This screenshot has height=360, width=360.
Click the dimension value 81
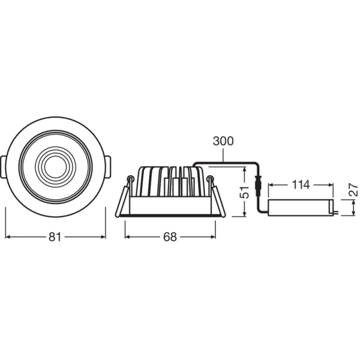(x=55, y=237)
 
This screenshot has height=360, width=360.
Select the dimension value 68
(x=170, y=237)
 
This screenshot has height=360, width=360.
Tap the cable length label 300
(x=223, y=141)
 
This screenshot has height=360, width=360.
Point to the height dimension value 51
(x=245, y=192)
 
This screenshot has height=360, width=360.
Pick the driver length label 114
(x=301, y=185)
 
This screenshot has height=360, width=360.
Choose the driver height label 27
(x=353, y=190)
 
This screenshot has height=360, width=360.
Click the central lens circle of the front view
(x=55, y=167)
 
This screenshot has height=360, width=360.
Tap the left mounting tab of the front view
(x=3, y=167)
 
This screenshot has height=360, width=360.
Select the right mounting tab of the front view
(x=108, y=167)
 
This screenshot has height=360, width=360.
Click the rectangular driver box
(x=301, y=208)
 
